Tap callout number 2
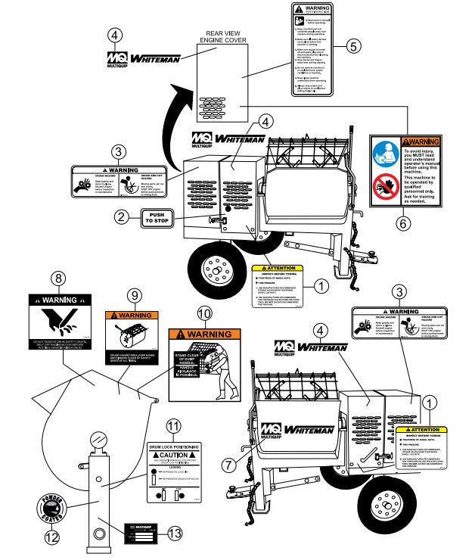point(120,218)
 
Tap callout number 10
point(203,313)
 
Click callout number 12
point(51,538)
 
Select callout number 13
point(175,534)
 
